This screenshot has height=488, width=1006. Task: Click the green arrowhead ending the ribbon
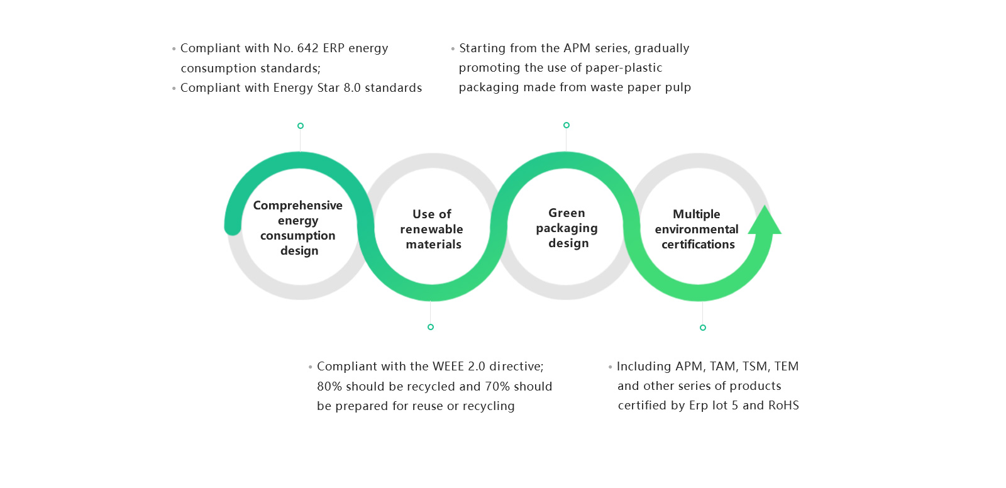[765, 222]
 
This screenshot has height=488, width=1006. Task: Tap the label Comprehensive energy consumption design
[298, 228]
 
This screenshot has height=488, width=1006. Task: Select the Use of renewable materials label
[432, 229]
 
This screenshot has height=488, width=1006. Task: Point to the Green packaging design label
[567, 228]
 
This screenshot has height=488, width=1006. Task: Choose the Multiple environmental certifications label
[697, 229]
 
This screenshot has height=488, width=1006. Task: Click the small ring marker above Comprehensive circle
[301, 126]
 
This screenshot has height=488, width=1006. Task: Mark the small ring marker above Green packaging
[567, 125]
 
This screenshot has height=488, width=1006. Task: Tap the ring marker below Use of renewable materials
[431, 327]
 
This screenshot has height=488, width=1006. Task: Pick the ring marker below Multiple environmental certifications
[703, 328]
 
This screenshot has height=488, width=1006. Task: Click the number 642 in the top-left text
[307, 48]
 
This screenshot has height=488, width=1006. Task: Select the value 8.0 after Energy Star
[352, 88]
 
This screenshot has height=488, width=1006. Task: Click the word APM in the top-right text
[577, 48]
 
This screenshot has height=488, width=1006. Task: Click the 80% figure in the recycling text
[329, 387]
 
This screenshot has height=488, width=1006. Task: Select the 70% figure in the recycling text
[497, 387]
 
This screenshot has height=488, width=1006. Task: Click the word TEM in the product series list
[786, 367]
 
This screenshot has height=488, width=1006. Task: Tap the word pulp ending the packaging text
[678, 87]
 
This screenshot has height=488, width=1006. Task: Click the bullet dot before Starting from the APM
[453, 49]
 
